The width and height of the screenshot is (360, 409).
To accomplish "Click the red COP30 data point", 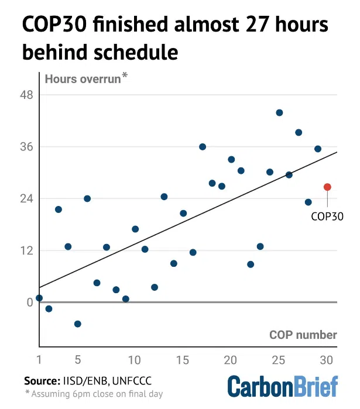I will (327, 187).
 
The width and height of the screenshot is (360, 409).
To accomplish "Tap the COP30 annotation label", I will (327, 216).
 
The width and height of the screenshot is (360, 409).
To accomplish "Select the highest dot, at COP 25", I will (279, 112).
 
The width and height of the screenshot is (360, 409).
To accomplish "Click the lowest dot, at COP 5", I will (77, 324).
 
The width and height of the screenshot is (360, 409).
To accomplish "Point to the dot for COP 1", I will (39, 298).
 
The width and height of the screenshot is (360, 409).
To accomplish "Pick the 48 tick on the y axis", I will (28, 95).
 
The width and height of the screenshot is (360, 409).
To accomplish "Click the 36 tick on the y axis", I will (28, 147).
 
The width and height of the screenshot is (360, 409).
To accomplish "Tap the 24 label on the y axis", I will (28, 199).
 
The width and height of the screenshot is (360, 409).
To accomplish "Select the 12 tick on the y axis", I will (28, 250).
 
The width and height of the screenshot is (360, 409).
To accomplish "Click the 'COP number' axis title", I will (303, 335).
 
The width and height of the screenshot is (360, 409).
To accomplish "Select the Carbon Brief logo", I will (283, 387).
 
